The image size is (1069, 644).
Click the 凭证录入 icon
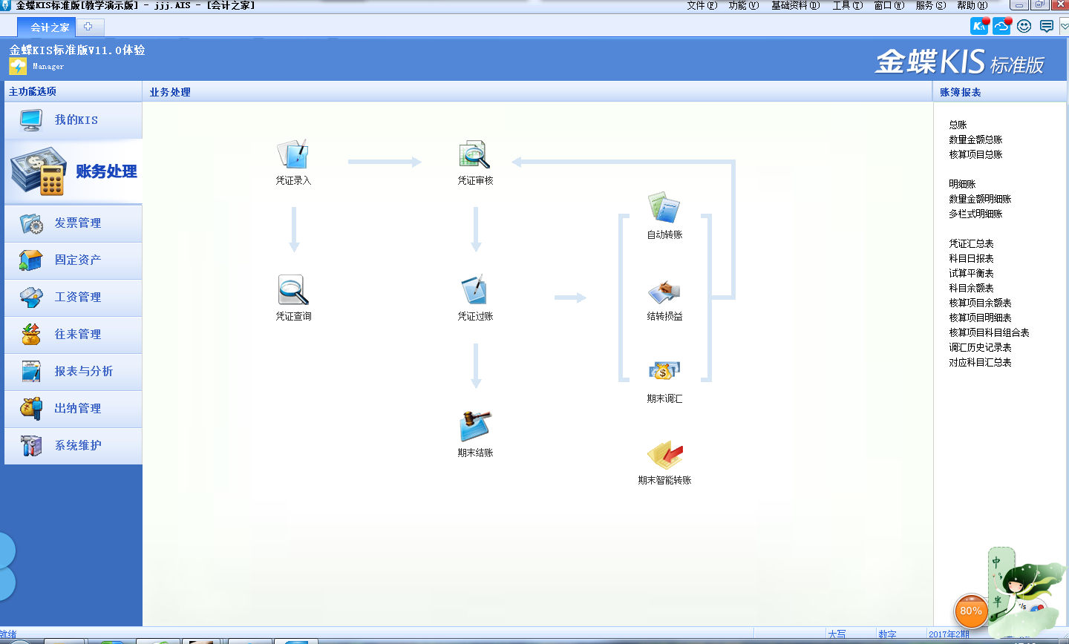pos(292,154)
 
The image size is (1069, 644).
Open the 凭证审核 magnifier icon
pos(474,154)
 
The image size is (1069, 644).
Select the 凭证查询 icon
pos(293,290)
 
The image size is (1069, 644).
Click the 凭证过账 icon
pos(474,290)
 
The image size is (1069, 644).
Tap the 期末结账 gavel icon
pos(475,427)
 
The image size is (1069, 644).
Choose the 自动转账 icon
pos(664,208)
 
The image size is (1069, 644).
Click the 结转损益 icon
pos(664,292)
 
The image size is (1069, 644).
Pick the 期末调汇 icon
pos(664,371)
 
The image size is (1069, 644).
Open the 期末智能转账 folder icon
pos(664,454)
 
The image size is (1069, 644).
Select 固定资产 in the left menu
pos(77,260)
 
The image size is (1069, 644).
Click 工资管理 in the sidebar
pos(77,298)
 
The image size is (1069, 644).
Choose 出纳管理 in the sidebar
pos(77,409)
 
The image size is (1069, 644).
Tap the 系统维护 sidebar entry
pos(77,446)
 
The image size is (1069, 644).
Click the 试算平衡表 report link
pos(971,273)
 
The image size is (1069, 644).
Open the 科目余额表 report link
pos(971,288)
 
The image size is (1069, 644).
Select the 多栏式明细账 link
pos(975,214)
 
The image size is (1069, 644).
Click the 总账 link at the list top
pos(958,125)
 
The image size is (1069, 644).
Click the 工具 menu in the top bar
pos(846,5)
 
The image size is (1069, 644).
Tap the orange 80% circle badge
pos(971,611)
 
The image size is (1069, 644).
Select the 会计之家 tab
pos(50,27)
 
